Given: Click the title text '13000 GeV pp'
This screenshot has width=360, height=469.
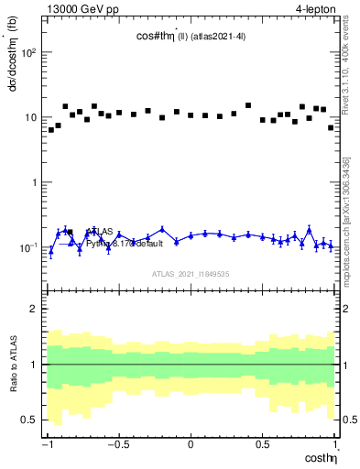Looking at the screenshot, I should point(77,8).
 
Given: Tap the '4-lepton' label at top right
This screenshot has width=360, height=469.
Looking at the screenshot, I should point(312,8).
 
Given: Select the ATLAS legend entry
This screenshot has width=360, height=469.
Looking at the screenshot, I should point(103,232).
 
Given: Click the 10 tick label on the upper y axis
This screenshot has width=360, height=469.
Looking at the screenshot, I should point(31,117).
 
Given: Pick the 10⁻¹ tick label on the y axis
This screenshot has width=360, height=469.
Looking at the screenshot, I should point(28,247).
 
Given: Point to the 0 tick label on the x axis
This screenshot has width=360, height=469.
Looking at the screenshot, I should point(190,445).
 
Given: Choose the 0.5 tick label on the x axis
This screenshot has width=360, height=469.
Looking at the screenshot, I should point(262,445).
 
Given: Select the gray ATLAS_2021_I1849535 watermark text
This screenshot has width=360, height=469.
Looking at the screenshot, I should point(190,274).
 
